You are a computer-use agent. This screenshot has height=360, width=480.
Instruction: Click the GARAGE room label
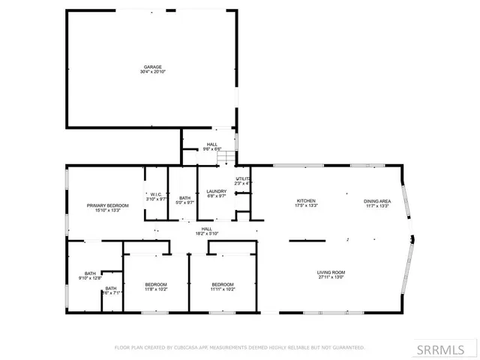point(153,67)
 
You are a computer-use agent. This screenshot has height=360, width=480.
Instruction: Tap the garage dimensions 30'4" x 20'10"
point(153,72)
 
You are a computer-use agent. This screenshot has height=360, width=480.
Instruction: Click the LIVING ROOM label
point(331,272)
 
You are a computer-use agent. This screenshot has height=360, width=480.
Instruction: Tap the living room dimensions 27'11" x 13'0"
point(331,277)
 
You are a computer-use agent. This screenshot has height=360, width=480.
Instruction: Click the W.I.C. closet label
point(156,194)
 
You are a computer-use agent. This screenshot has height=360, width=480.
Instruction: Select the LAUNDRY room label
point(216,191)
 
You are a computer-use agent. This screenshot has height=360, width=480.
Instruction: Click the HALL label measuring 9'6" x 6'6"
point(212,144)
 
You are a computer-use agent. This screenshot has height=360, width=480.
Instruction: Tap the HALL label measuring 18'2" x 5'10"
point(206,229)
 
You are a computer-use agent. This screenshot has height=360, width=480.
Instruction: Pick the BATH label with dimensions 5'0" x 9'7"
point(184,198)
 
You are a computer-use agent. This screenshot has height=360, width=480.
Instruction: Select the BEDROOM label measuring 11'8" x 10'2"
point(156,284)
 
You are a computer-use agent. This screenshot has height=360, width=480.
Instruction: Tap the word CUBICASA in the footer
point(184,347)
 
